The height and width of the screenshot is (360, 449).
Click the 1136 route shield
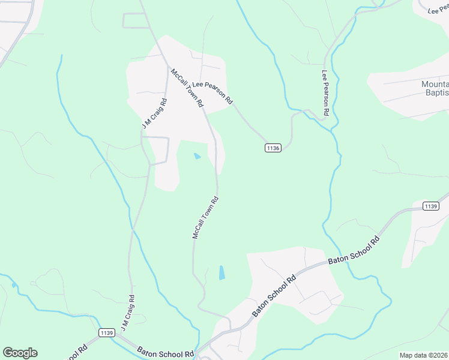[273, 148]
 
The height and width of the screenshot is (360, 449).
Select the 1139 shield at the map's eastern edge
[430, 206]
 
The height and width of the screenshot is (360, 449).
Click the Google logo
[20, 353]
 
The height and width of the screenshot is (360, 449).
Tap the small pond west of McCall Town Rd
[197, 157]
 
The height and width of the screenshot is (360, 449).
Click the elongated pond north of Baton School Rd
[222, 272]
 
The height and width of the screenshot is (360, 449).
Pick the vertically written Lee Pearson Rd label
[325, 93]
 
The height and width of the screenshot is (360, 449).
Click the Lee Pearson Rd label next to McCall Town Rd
[212, 94]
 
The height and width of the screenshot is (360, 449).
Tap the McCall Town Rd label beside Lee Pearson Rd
[187, 88]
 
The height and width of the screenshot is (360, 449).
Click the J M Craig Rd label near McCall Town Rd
[154, 114]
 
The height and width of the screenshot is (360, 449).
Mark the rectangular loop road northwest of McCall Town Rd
[136, 20]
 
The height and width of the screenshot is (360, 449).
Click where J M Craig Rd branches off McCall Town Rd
[166, 65]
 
